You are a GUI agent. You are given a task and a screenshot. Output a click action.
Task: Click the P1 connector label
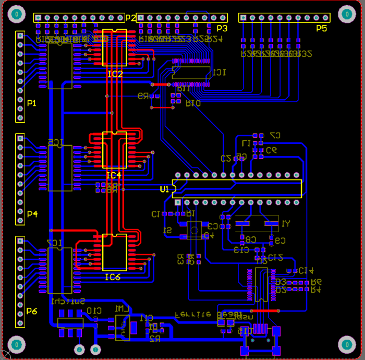[32, 103]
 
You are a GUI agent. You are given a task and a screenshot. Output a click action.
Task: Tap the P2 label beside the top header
[130, 18]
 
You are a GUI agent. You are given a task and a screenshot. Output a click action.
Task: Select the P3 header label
[222, 28]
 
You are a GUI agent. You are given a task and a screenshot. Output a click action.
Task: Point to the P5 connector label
[321, 28]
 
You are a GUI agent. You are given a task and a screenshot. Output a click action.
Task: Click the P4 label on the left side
[32, 213]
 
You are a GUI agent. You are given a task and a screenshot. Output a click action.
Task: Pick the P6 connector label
[32, 311]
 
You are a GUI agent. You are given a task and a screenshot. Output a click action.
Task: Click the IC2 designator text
[115, 74]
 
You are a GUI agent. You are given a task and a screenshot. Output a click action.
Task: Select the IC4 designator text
[113, 174]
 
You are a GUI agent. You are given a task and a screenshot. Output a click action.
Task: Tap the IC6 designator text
[112, 277]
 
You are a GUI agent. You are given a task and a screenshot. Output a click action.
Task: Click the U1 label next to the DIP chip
[164, 189]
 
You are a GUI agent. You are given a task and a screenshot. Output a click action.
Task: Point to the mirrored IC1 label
[218, 72]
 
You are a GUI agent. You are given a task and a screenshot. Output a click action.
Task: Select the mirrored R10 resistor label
[193, 103]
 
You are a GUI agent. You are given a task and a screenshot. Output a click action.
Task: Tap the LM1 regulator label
[121, 309]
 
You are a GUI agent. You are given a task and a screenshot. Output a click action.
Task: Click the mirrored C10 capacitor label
[94, 311]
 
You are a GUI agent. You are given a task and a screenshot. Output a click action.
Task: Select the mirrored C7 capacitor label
[275, 135]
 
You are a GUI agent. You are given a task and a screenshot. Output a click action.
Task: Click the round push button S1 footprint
[195, 229]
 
